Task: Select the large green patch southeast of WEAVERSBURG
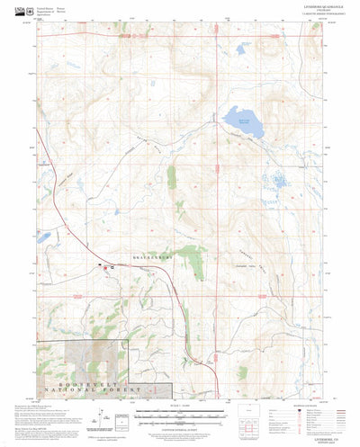click(191, 260)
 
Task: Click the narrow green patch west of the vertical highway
click(172, 176)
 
